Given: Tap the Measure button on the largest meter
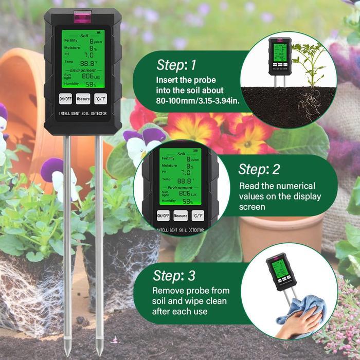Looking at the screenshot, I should point(83,98).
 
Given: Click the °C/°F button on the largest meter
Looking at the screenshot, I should point(101,98).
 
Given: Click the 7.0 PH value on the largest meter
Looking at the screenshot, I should point(88,55).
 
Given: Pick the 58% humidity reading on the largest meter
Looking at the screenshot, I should point(90,84).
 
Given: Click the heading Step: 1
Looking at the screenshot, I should point(176,65).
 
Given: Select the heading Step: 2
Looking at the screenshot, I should point(260,169).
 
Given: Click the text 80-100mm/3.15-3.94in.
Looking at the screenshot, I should point(197,101).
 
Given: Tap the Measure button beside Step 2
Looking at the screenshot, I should point(181,216).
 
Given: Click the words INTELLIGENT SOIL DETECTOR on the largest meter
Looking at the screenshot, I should point(83,113).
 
